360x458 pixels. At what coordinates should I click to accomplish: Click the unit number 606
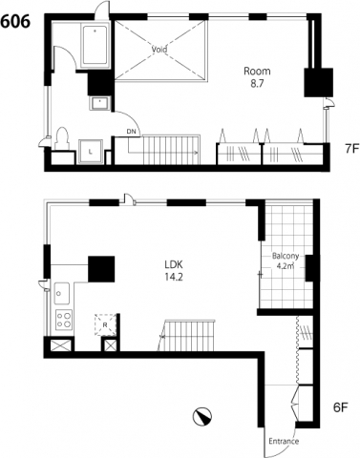15,22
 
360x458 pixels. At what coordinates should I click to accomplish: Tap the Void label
159,50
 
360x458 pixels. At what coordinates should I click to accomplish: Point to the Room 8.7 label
257,77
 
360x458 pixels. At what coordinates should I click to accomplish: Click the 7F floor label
352,149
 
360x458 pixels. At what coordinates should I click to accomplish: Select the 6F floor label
340,407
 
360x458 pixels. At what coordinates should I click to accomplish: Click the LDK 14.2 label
174,271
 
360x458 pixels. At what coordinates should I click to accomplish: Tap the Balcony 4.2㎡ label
286,260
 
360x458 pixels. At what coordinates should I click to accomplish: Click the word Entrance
284,441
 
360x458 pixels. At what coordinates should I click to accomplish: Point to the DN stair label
131,131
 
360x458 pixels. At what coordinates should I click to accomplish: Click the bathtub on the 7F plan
95,45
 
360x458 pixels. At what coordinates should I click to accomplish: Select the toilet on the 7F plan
62,138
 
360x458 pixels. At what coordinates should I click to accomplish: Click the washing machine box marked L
91,152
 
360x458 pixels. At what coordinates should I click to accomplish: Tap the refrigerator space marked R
105,324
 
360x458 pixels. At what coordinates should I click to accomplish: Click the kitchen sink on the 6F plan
62,293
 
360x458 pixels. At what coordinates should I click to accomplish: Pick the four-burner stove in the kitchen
63,320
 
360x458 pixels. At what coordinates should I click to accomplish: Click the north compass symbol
201,416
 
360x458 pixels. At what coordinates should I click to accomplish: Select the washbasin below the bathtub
100,103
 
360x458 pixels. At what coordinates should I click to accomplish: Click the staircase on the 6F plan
187,336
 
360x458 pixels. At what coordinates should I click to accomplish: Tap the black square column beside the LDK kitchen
101,269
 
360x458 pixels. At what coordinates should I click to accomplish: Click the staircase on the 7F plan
171,150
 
